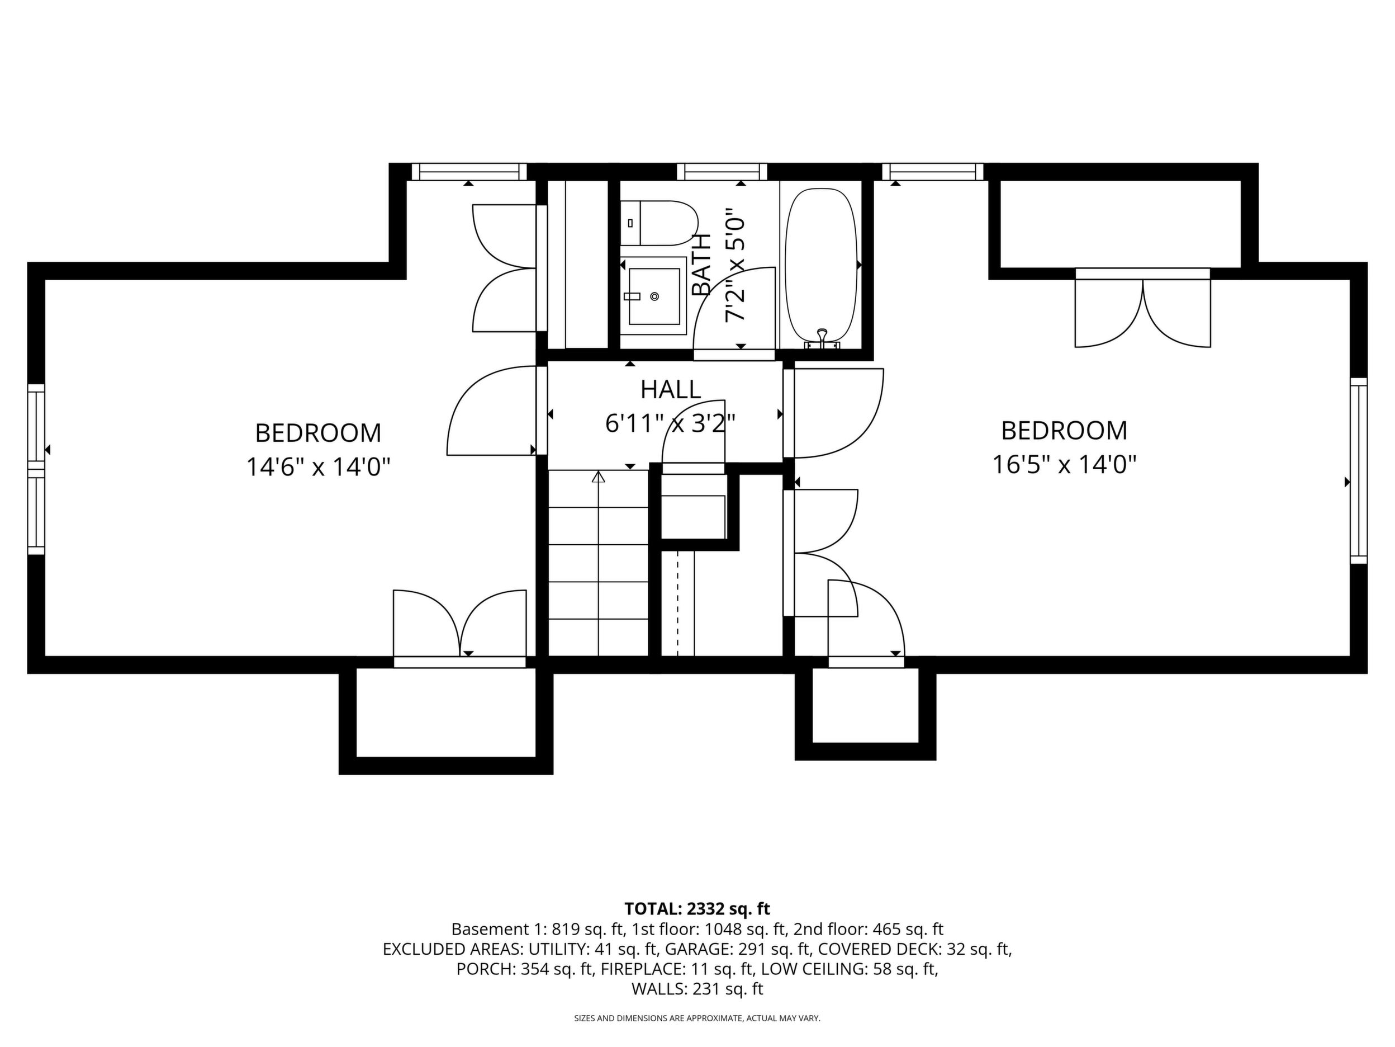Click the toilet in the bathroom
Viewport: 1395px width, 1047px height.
pos(659,223)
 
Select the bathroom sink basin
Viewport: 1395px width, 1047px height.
pos(653,296)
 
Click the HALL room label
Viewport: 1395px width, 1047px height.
pos(670,389)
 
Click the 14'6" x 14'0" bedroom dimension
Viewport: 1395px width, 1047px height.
pos(319,468)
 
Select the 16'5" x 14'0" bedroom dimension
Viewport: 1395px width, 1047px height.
pos(1065,465)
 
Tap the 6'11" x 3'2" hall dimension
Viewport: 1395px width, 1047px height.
pos(670,423)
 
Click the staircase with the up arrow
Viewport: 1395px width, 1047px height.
pos(599,563)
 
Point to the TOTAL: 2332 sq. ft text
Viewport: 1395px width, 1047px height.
pos(697,909)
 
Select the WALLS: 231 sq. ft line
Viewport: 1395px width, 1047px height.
pos(697,989)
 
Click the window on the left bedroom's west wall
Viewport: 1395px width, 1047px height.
pos(36,469)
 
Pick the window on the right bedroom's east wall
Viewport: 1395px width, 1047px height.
pos(1359,470)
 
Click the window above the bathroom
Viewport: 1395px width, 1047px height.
pos(722,172)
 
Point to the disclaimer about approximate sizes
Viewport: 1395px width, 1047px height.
pos(697,1018)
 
